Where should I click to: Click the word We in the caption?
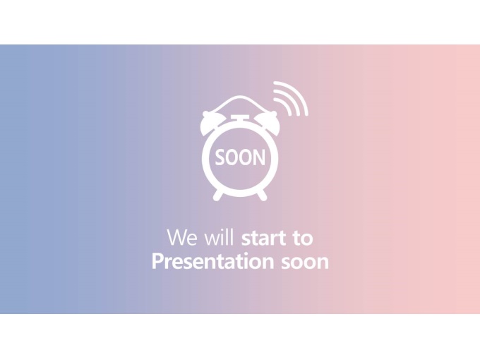pos(182,237)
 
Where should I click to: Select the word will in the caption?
pos(220,236)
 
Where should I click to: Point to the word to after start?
pos(302,238)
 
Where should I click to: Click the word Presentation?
pos(212,261)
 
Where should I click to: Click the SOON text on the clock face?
pos(240,157)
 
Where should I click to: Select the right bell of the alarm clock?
pos(268,124)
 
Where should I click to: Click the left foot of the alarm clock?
pos(218,195)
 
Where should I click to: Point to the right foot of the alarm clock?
pos(263,195)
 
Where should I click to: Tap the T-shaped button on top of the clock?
pos(240,119)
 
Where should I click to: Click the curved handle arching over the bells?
pos(240,97)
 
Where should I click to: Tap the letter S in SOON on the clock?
pos(220,157)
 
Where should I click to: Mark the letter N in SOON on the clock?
pos(260,157)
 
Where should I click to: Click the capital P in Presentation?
pos(157,261)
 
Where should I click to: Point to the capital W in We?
pos(176,237)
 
